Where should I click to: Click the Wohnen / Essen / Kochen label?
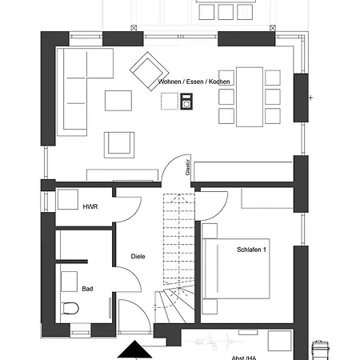click(194, 82)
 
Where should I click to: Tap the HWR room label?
click(90, 206)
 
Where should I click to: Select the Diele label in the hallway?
click(138, 256)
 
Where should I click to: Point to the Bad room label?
click(87, 289)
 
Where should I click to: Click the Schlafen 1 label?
click(251, 250)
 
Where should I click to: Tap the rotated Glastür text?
click(188, 167)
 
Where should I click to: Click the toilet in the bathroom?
click(70, 308)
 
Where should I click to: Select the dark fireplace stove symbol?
click(186, 101)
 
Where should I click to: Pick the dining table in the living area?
click(250, 97)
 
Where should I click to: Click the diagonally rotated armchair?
click(149, 71)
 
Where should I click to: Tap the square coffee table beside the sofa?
click(118, 101)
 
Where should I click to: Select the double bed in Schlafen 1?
click(236, 269)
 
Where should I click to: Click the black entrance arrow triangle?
click(135, 349)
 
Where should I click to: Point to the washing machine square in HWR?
click(68, 199)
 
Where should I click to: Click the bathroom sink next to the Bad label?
click(69, 282)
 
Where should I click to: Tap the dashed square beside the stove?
click(170, 101)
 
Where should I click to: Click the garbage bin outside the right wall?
click(320, 350)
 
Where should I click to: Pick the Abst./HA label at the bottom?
click(244, 358)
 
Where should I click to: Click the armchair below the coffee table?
click(119, 145)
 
